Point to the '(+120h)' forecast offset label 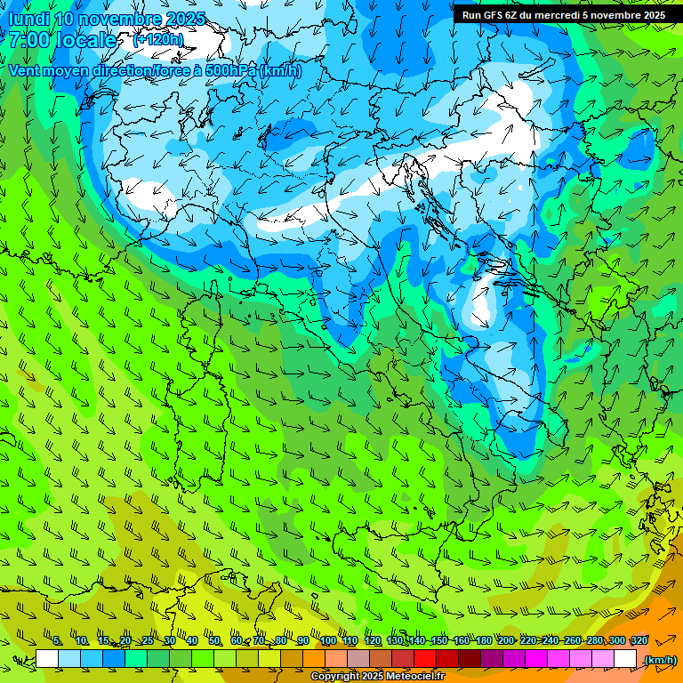[157, 40]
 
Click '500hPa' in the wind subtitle [230, 71]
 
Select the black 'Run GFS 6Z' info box [563, 14]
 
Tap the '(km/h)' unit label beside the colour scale [660, 660]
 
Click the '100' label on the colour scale [328, 641]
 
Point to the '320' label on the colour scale [639, 641]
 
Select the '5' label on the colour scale [57, 641]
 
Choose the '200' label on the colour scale [506, 641]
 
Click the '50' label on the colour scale [214, 641]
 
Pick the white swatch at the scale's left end [47, 659]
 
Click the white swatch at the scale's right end [625, 659]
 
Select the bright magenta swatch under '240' [536, 659]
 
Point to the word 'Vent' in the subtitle [25, 71]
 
